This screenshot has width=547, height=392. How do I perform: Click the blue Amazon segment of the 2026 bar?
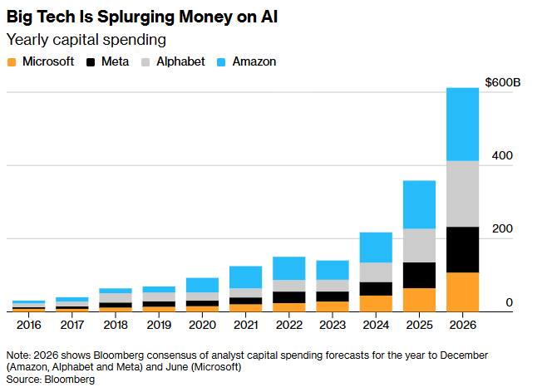point(462,124)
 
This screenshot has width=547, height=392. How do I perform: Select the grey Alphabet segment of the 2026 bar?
point(462,194)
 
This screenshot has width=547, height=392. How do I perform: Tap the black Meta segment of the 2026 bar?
point(462,249)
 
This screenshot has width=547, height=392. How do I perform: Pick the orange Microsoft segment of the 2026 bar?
point(462,292)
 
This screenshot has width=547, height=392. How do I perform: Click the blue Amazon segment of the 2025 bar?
point(419,204)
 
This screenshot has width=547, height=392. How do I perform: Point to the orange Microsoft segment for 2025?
point(419,300)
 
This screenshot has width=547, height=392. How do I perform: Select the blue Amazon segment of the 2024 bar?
point(376,247)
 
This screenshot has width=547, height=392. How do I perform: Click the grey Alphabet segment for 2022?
point(288,286)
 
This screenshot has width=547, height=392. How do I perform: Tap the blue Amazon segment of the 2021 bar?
point(245,277)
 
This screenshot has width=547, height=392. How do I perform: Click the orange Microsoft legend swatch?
point(11,61)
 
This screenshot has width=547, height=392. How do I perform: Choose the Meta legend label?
point(114,61)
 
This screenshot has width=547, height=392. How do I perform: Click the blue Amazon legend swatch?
point(220,61)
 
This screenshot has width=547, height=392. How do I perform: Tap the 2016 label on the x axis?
point(28,326)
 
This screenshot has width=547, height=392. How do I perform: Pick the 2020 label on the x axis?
point(202,326)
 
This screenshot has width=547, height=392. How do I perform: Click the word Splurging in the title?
point(126,16)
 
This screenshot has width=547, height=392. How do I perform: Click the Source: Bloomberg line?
point(51,379)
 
